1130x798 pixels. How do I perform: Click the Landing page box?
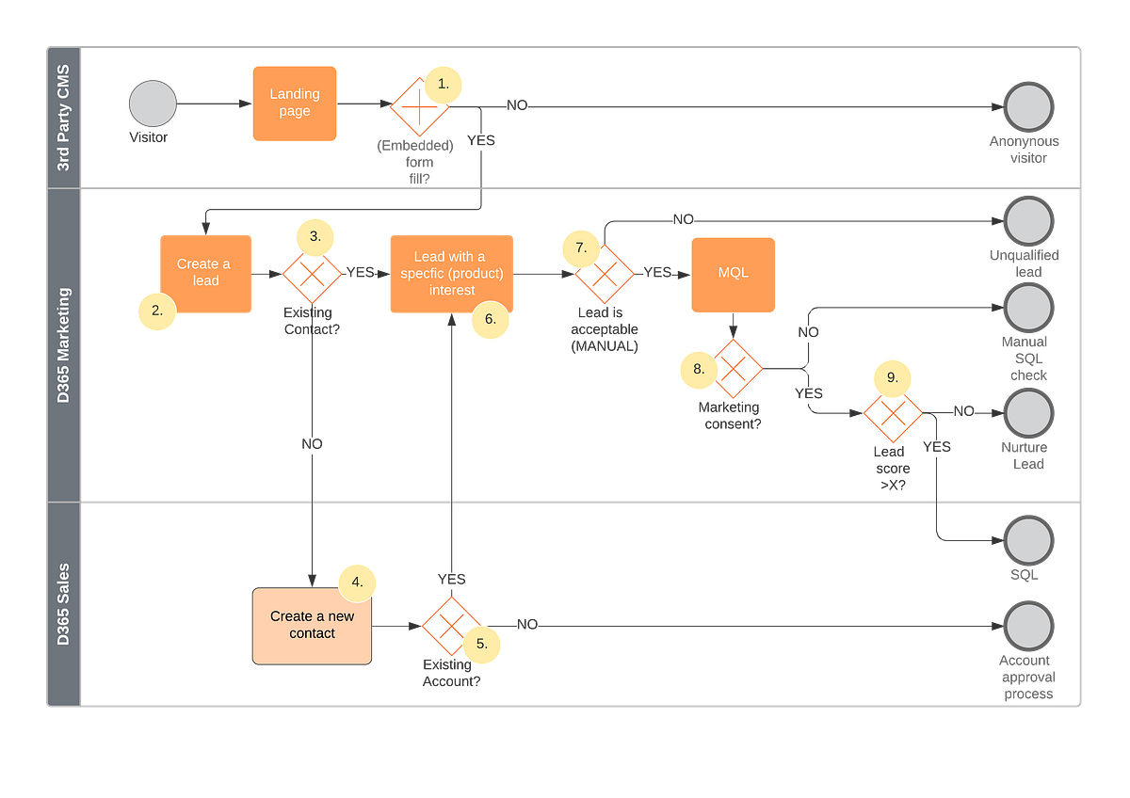tap(295, 104)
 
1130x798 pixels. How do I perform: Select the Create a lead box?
tap(205, 273)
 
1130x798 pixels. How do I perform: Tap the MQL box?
tap(734, 274)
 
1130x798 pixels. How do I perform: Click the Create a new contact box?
tap(312, 626)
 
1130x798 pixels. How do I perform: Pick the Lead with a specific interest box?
tap(451, 273)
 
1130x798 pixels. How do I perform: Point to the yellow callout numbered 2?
tap(156, 310)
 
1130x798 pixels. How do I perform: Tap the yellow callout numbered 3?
tap(315, 237)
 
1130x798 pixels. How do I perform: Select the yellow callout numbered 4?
tap(357, 583)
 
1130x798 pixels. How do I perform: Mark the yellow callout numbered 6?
tap(490, 319)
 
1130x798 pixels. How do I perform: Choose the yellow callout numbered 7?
tap(581, 248)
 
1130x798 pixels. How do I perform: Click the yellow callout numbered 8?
tap(699, 369)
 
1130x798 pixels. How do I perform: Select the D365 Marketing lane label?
tap(64, 345)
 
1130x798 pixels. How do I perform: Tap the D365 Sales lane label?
tap(64, 603)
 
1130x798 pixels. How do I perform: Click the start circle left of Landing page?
tap(153, 104)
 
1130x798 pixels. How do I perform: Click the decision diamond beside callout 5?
tap(451, 626)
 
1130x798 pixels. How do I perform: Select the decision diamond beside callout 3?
tap(312, 274)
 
